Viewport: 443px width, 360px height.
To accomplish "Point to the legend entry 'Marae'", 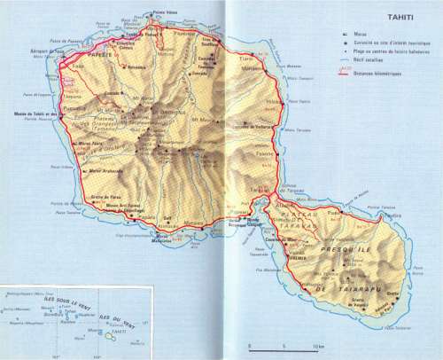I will click(x=359, y=33).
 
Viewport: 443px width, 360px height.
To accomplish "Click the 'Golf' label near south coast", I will click(x=167, y=215).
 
